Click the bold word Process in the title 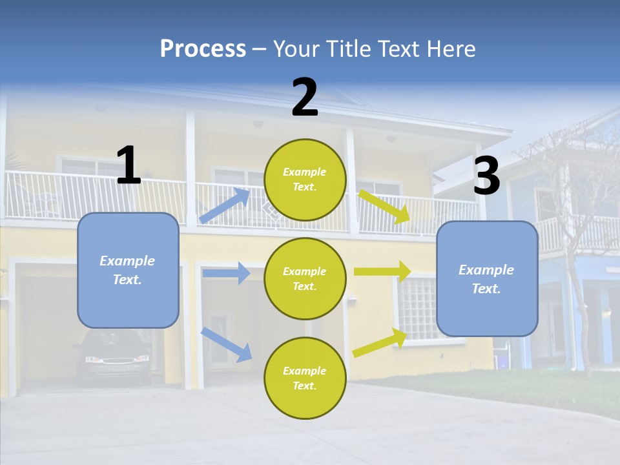point(203,49)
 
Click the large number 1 point(129,165)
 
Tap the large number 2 point(305,98)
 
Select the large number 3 point(486,176)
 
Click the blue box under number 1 point(128,270)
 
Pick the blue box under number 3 point(487,278)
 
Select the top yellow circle point(305,180)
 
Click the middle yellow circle point(305,278)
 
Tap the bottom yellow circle point(305,378)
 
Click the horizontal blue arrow point(226,273)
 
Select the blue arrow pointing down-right point(226,344)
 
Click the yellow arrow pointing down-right point(384,206)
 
